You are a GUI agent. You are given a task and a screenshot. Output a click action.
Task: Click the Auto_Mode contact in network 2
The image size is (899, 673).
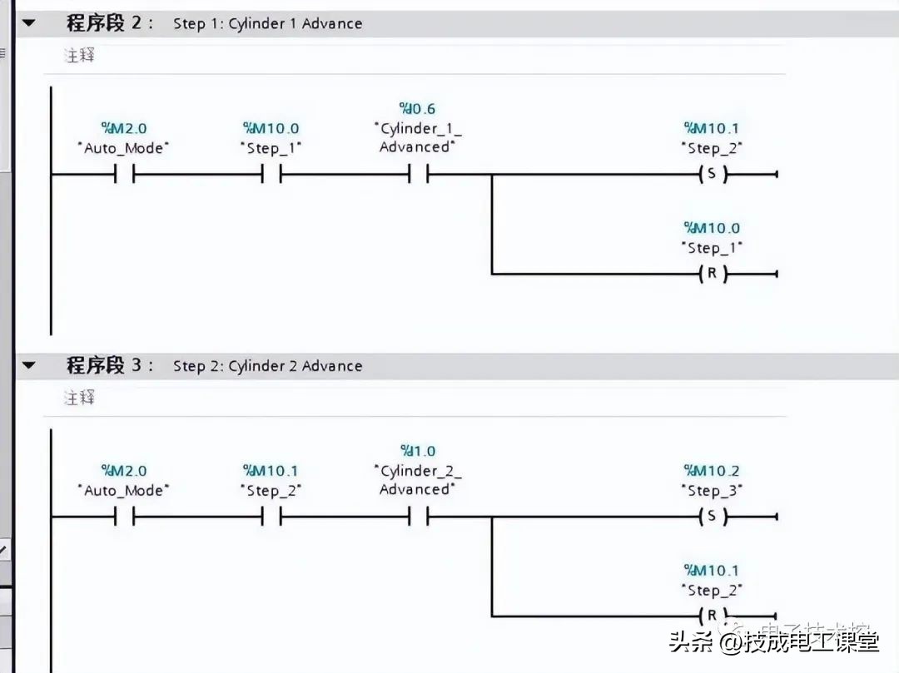124,175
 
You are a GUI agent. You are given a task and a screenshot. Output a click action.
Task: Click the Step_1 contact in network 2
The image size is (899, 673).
271,175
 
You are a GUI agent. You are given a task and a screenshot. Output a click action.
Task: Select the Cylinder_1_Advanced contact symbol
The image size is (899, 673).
418,175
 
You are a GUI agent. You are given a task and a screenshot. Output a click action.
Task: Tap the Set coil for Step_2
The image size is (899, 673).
712,175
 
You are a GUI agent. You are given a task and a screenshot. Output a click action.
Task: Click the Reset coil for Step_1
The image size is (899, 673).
712,274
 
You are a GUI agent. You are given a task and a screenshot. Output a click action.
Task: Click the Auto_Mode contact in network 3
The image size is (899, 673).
124,517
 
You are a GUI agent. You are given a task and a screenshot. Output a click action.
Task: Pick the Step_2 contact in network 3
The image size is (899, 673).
271,517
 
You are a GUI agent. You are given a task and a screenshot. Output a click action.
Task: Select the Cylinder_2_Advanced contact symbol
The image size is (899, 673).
418,517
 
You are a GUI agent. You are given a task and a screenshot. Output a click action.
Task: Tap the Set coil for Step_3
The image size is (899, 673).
712,517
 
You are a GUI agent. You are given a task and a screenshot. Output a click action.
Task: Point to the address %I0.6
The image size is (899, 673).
418,109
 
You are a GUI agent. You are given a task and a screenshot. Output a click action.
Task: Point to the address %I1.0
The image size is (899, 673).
418,451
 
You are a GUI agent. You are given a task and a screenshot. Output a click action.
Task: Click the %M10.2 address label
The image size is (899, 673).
712,471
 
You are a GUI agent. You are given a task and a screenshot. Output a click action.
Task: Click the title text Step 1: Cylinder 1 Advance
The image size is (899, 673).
267,23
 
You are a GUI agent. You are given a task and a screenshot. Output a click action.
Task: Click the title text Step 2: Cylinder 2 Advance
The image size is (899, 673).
267,366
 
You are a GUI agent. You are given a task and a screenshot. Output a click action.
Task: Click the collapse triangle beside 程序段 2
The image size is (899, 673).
29,23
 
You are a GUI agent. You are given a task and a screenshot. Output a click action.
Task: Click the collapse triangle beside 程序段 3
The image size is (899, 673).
29,365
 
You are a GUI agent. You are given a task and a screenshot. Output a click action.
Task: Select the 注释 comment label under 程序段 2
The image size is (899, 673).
80,56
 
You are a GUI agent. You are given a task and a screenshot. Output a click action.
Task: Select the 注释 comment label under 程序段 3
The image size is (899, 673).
80,398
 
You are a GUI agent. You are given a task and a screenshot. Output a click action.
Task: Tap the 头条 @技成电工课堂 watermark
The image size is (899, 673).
774,642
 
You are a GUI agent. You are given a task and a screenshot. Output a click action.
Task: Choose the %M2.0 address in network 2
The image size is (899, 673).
124,128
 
